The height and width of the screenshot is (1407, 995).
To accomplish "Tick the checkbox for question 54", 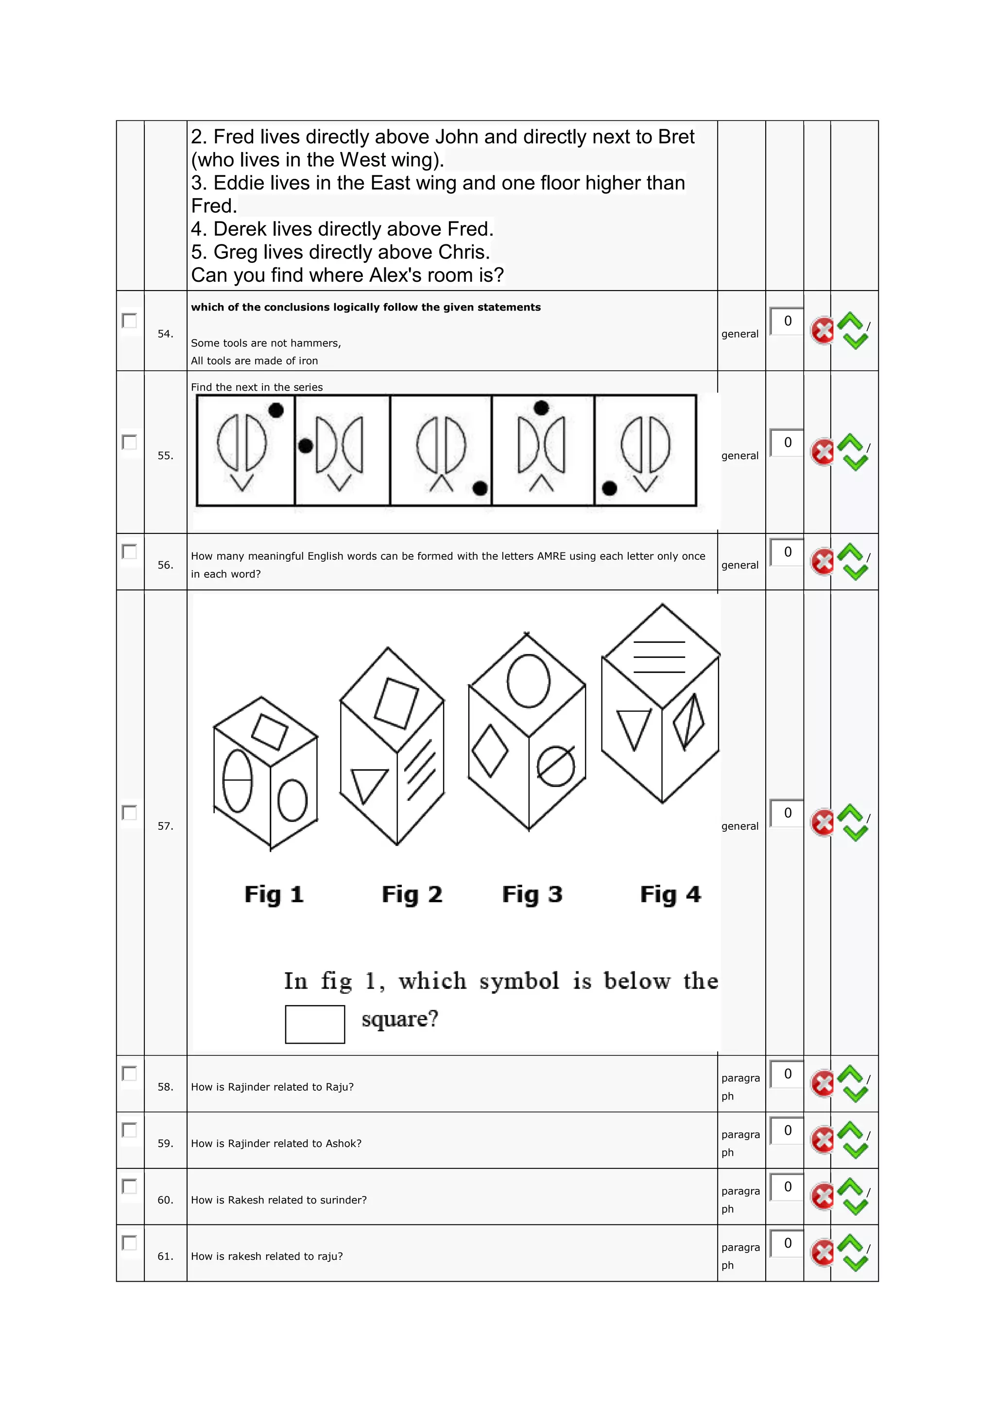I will click(x=129, y=321).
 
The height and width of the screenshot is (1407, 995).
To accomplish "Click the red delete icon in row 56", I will click(x=822, y=561).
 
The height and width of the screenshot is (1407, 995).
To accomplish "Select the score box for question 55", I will click(x=787, y=443).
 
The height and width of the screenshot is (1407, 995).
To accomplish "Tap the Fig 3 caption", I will click(x=532, y=894).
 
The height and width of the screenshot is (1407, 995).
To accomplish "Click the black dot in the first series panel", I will click(x=276, y=410).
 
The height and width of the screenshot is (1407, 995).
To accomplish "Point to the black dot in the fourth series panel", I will click(x=541, y=408).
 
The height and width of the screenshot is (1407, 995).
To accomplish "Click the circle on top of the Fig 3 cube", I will click(x=528, y=680).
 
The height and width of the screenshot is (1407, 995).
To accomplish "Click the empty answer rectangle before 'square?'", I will click(x=315, y=1024).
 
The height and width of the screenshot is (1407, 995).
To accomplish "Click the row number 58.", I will click(x=165, y=1086).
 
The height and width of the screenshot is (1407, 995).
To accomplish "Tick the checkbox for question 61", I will click(x=129, y=1243).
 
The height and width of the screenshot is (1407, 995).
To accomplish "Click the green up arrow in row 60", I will click(x=850, y=1186).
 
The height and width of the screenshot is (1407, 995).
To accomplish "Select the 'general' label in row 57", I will click(x=739, y=826).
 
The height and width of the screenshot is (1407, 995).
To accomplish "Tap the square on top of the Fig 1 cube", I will click(x=270, y=732).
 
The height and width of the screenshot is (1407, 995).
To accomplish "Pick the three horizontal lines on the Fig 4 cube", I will click(x=659, y=657).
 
